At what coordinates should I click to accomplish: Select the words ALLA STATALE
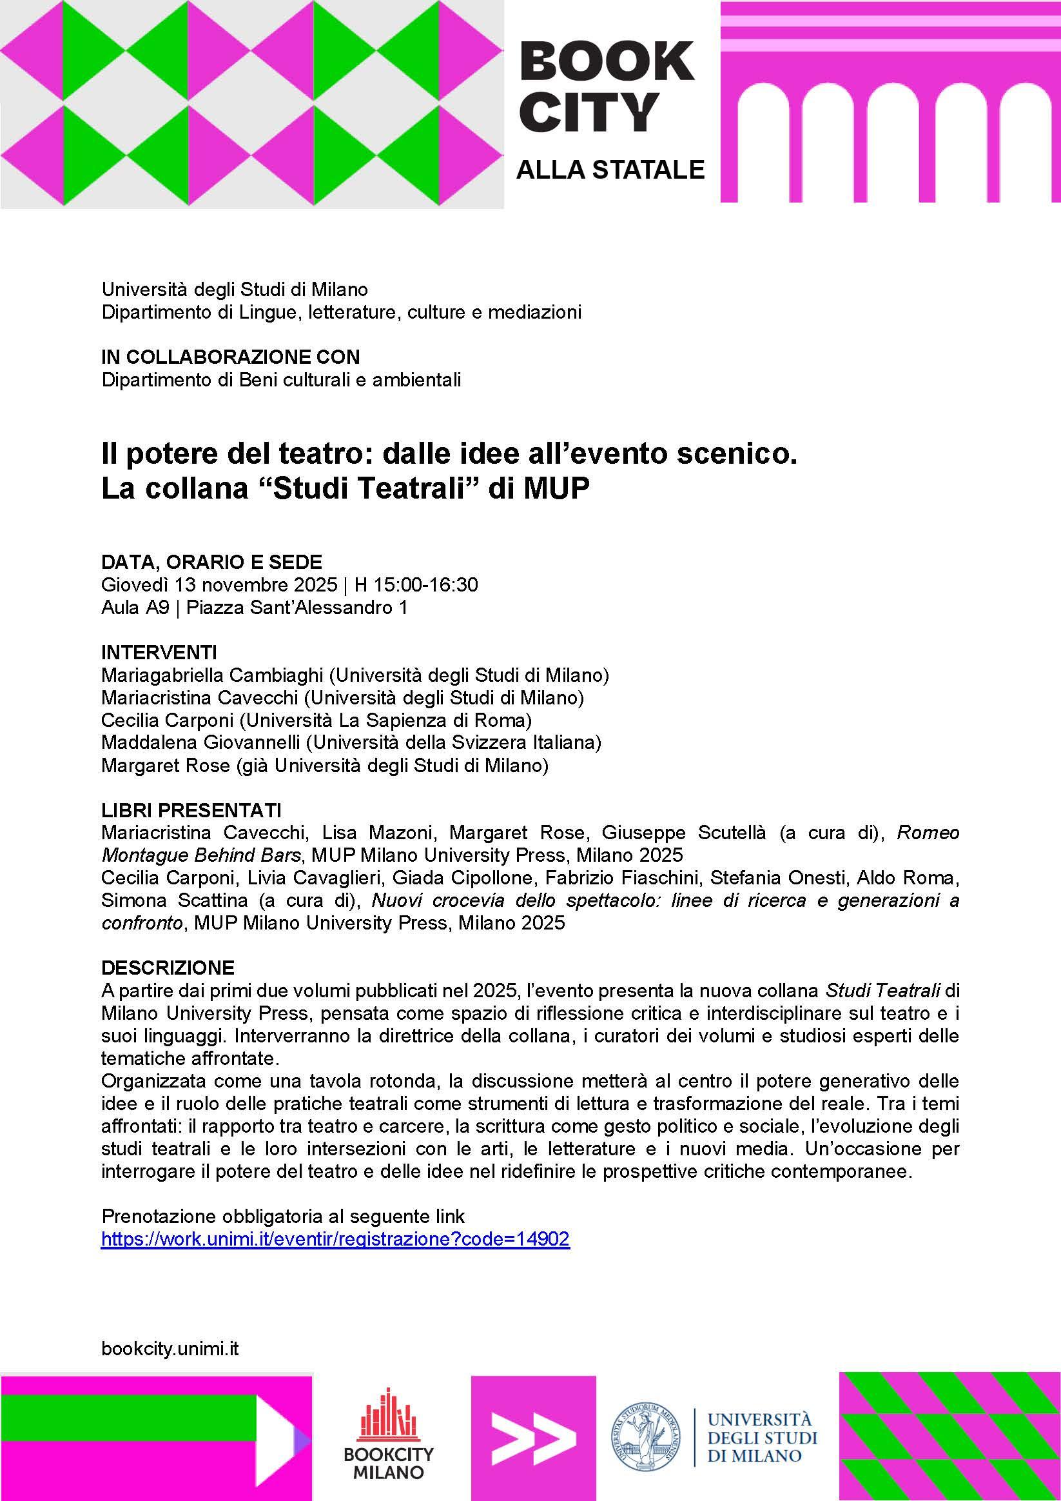[x=610, y=169]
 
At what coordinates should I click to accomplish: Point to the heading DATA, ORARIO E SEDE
[x=211, y=562]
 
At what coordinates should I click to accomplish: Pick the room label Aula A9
[x=135, y=608]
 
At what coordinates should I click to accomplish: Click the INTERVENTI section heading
[x=159, y=652]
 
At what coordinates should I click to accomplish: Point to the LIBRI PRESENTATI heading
[x=191, y=811]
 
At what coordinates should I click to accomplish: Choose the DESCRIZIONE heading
[x=168, y=967]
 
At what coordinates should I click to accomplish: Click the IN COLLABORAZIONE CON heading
[x=231, y=357]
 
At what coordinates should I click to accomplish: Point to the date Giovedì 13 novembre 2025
[x=220, y=584]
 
